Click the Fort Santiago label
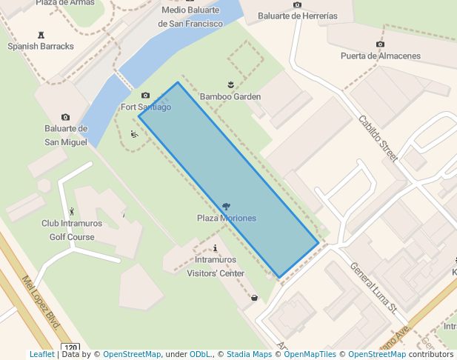146,107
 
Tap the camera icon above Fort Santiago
145,96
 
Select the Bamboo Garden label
230,96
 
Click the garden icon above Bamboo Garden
231,84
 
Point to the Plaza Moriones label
227,219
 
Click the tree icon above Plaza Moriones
226,206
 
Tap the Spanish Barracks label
41,46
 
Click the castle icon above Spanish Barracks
40,34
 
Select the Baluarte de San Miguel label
66,135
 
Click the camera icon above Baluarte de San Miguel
65,117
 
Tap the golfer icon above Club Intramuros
71,212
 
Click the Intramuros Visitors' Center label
215,267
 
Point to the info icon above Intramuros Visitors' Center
215,249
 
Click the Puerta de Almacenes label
380,56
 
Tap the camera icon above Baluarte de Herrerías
297,5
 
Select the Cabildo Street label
378,138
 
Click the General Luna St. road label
374,287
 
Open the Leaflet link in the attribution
41,355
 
